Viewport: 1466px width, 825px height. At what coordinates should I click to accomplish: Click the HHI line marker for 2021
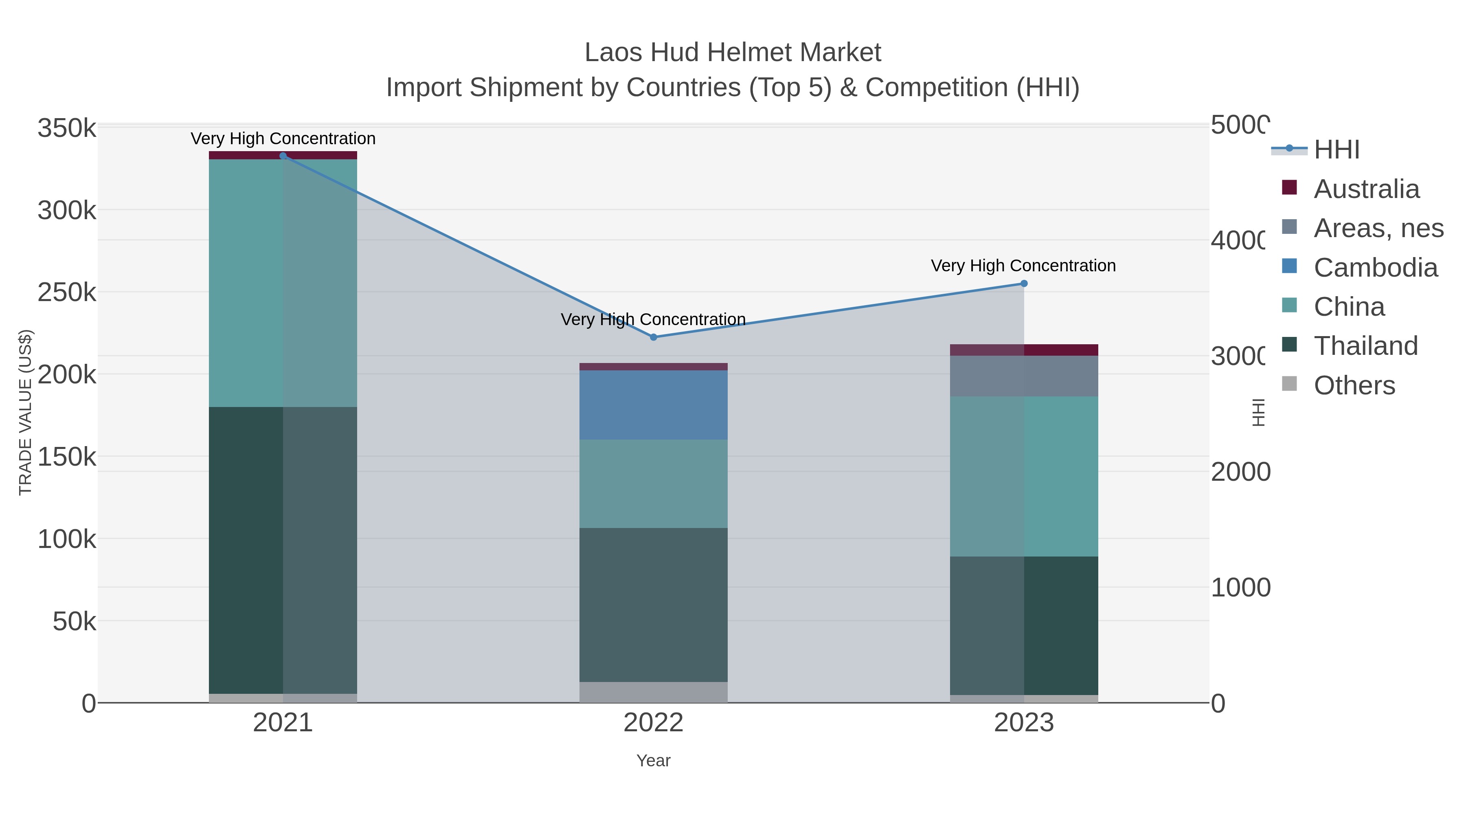click(283, 156)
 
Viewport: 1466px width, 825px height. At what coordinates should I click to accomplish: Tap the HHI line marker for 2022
click(653, 337)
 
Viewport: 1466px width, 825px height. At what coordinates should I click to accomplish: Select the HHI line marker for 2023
click(1024, 284)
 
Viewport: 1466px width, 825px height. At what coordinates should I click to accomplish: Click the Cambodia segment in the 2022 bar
click(653, 405)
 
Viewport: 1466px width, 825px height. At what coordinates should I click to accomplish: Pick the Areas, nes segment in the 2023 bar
click(1024, 376)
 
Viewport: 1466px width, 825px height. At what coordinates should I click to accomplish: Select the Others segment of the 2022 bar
click(653, 692)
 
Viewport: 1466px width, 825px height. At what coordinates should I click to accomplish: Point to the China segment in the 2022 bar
click(653, 483)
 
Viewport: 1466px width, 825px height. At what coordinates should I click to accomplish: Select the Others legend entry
click(1354, 385)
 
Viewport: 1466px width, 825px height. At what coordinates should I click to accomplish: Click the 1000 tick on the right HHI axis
click(1240, 587)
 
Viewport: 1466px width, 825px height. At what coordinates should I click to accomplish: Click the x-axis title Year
click(653, 761)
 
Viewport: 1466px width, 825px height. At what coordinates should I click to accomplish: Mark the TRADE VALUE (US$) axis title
click(26, 412)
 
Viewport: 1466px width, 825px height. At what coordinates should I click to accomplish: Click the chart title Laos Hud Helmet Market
click(733, 53)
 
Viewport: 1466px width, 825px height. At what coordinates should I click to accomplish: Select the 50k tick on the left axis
click(74, 622)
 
